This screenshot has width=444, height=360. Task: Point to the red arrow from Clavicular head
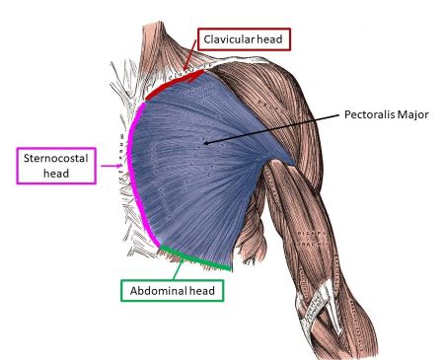click(x=187, y=61)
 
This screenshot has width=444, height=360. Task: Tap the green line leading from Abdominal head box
click(x=181, y=263)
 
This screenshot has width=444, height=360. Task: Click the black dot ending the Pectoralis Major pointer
click(x=205, y=144)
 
